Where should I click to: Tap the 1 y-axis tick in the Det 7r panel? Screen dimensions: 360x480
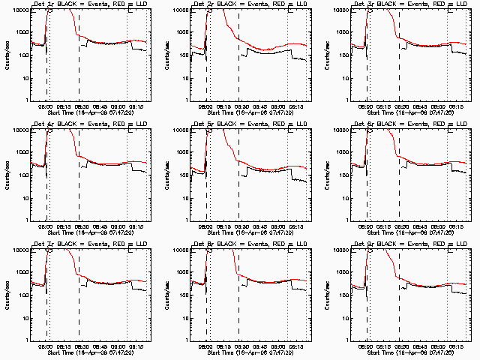[x=25, y=340]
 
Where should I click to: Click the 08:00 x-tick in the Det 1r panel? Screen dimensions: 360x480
[x=45, y=106]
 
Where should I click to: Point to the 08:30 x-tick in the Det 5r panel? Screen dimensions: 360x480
[x=238, y=226]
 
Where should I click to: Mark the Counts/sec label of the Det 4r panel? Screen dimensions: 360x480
[x=7, y=174]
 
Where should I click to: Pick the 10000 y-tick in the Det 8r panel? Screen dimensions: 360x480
[x=178, y=250]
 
